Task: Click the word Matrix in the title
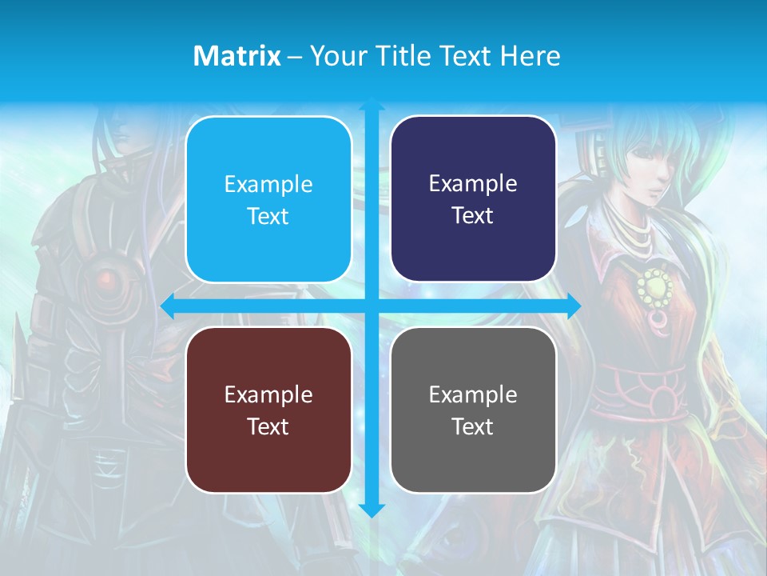point(236,56)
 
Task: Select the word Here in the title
point(530,56)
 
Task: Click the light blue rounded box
point(268,200)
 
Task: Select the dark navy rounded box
point(473,199)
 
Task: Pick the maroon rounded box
point(268,410)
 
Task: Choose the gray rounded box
point(473,410)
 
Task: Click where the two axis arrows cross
point(372,306)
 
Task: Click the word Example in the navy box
point(473,184)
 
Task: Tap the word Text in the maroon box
point(268,426)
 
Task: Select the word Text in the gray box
point(473,426)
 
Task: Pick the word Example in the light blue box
point(268,185)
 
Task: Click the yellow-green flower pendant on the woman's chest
point(655,285)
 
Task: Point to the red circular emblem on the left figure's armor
point(104,279)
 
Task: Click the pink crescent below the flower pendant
point(658,321)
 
